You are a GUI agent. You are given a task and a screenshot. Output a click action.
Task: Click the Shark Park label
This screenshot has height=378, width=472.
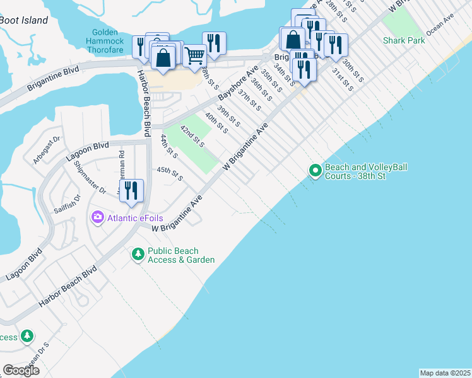tap(404, 40)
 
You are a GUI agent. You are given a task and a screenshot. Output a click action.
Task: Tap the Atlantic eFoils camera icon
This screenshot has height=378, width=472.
tap(98, 218)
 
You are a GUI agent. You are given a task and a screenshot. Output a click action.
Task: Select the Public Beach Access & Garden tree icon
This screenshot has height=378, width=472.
tap(138, 255)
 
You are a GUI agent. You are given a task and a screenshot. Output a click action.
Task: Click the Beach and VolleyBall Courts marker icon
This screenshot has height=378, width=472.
tap(315, 171)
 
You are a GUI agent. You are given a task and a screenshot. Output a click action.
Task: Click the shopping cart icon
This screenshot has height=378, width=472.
tap(194, 56)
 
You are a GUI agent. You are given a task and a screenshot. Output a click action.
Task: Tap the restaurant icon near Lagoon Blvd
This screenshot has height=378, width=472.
tap(131, 191)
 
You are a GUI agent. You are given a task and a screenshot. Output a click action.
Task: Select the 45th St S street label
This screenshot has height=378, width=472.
tap(170, 174)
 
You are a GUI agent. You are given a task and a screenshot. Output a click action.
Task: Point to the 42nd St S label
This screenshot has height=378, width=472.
tap(192, 136)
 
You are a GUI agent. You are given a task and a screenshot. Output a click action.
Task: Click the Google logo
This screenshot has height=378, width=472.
tap(21, 370)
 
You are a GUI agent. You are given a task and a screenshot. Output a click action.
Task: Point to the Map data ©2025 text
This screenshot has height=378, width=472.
tap(445, 373)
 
